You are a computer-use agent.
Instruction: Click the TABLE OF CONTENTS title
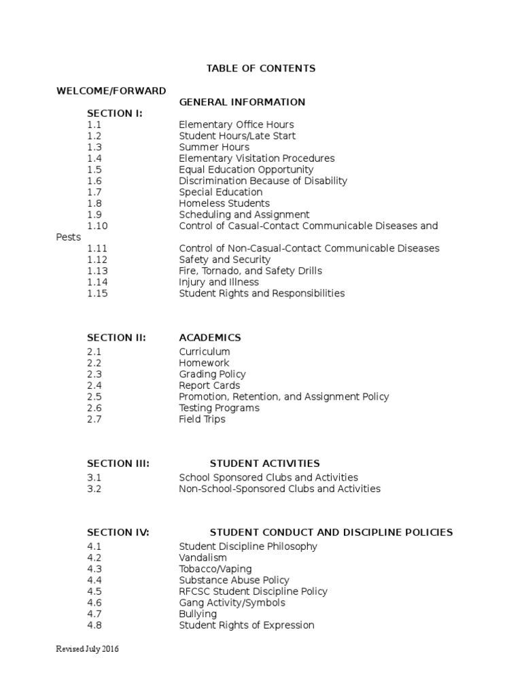click(x=261, y=69)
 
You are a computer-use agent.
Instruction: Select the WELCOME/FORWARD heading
click(x=111, y=91)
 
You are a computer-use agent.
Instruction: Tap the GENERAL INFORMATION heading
click(x=242, y=102)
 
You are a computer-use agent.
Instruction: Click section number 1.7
click(x=94, y=192)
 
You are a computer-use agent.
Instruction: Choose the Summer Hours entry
click(x=214, y=147)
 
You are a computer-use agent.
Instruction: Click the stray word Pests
click(x=68, y=237)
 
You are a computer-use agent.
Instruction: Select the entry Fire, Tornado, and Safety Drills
click(x=250, y=271)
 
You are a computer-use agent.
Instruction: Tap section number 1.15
click(x=97, y=294)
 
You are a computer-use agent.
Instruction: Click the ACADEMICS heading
click(x=210, y=338)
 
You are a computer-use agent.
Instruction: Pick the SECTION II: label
click(x=116, y=338)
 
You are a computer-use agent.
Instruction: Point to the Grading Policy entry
click(x=212, y=375)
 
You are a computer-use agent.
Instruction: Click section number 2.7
click(x=94, y=419)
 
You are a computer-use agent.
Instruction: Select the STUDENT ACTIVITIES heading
click(x=264, y=464)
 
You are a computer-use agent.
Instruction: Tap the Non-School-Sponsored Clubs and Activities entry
click(x=279, y=489)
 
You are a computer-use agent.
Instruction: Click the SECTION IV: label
click(x=118, y=532)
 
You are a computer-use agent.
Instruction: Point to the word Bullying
click(x=198, y=614)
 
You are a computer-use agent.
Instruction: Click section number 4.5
click(x=94, y=591)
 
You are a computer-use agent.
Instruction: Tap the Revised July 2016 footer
click(x=87, y=650)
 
